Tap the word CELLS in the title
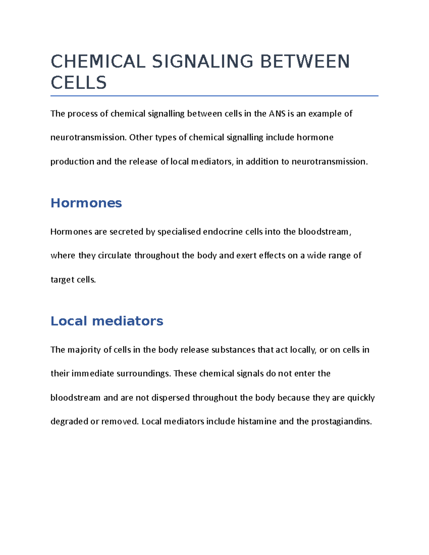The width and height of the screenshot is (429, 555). coord(79,83)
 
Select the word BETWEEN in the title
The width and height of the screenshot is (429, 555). coord(305,61)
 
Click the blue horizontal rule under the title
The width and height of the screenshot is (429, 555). coord(214,96)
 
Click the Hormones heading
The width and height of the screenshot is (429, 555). coord(86,203)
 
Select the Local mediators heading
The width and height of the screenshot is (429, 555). coord(107,321)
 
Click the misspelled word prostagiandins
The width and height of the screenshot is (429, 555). coord(341,422)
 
